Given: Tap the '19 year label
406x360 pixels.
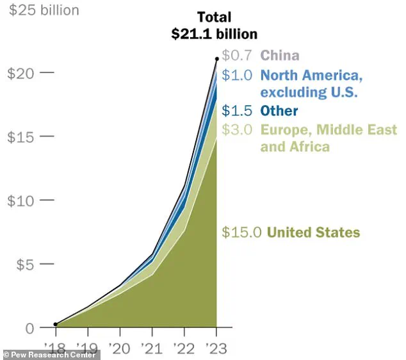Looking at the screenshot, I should (x=88, y=349).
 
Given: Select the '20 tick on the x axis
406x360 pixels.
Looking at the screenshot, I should (x=120, y=349).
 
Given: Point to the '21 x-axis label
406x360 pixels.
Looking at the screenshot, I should (x=152, y=349).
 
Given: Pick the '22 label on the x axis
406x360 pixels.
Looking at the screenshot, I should (x=184, y=349).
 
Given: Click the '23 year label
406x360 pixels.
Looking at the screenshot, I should (x=216, y=349).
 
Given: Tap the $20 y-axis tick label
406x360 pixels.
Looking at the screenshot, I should (x=20, y=73).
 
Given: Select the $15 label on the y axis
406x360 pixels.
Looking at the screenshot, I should (x=20, y=136).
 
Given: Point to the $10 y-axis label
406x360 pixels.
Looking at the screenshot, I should (x=20, y=200).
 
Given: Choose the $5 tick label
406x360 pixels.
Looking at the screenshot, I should (x=24, y=264).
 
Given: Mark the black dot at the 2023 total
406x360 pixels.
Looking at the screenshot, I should (x=216, y=59).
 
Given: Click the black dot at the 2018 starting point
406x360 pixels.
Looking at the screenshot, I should (x=56, y=325).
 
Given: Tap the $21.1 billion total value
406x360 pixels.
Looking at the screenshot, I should (x=214, y=35).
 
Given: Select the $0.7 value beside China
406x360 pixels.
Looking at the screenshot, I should (x=238, y=55).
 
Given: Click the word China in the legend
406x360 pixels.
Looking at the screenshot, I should (x=280, y=55).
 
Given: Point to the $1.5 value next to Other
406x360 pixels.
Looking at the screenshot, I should (x=238, y=111).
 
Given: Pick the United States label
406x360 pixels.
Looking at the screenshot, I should (x=313, y=233).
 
